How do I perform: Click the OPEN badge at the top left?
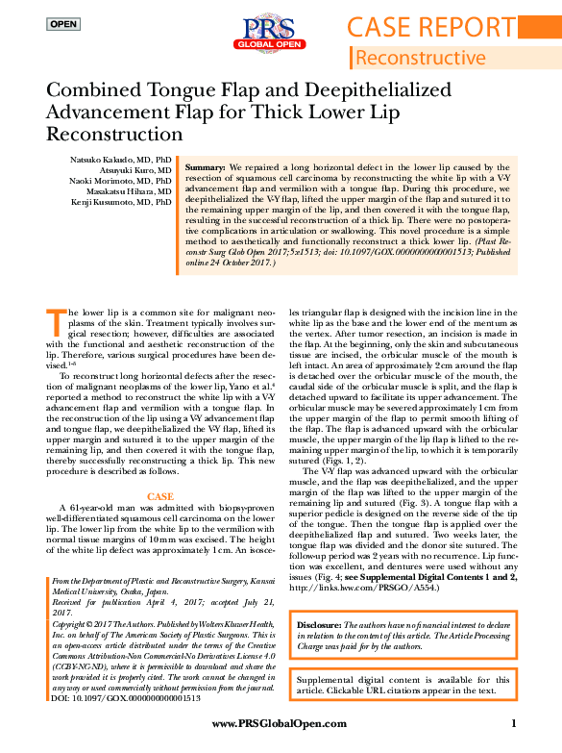tap(63, 24)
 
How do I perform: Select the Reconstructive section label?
tap(428, 58)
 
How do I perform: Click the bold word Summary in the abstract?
tap(205, 166)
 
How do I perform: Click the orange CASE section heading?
tap(159, 496)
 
